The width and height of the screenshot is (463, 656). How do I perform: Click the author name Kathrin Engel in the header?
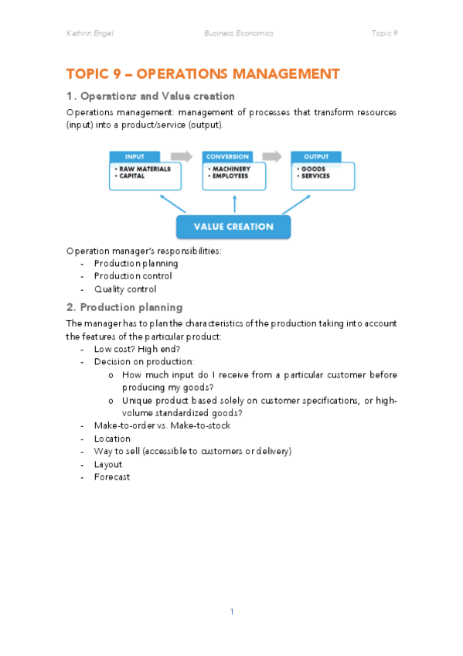coord(90,33)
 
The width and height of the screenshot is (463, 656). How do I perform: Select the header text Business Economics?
coord(238,33)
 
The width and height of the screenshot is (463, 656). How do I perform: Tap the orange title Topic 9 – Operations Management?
coord(203,74)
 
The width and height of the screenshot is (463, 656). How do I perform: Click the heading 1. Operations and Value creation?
coord(151,96)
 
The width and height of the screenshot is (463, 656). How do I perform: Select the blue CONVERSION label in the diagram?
coord(227,156)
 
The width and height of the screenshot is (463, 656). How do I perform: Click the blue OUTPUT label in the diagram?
coord(316,156)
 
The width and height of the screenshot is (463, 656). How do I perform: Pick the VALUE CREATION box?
coord(233,227)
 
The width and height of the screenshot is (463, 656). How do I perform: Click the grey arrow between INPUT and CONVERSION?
coord(182,156)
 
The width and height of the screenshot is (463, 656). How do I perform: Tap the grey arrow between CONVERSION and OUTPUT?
coord(272,156)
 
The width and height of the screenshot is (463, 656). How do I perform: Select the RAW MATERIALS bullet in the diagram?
coord(141,169)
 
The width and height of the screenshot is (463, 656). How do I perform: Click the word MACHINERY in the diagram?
coord(231,169)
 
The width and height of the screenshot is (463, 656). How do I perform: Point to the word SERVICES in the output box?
coord(315,176)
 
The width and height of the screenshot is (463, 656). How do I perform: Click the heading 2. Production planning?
coord(124,307)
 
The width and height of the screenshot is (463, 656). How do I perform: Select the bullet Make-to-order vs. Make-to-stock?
coord(162,425)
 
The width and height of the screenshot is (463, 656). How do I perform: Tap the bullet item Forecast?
coord(111,477)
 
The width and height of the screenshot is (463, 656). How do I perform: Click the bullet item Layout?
coord(107,464)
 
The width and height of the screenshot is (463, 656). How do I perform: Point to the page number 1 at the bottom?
coord(231,612)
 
